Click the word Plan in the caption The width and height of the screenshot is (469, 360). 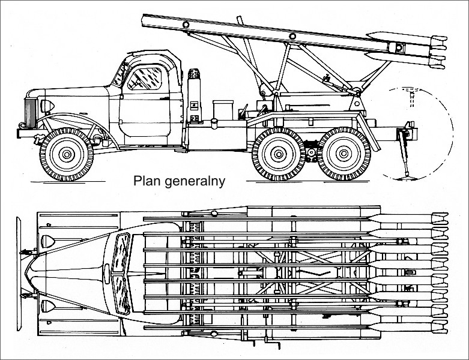[x=146, y=181]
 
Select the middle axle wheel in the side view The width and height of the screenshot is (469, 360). [x=278, y=155]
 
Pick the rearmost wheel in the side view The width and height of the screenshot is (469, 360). [x=343, y=155]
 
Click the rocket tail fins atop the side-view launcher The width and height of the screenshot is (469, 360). [x=435, y=48]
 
